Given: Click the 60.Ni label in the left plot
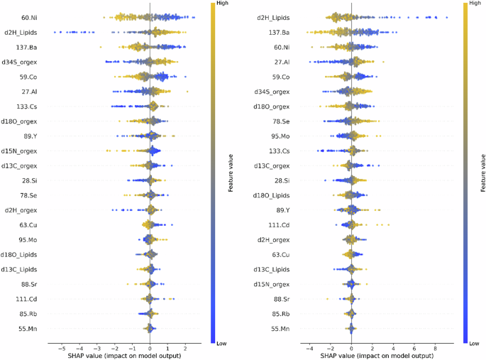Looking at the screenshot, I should (29, 16).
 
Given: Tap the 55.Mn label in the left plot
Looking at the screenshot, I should (28, 328).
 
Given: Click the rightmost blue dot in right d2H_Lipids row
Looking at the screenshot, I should (446, 17).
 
